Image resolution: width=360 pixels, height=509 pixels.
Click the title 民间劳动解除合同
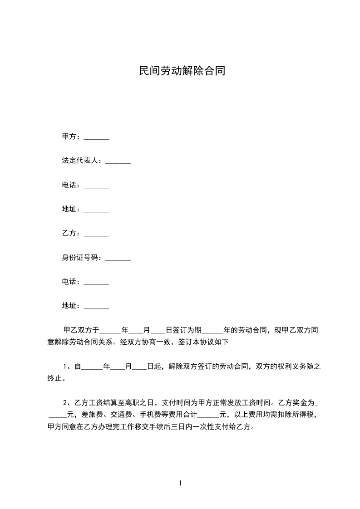[x=182, y=71]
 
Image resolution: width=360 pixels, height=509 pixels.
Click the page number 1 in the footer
[x=180, y=483]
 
